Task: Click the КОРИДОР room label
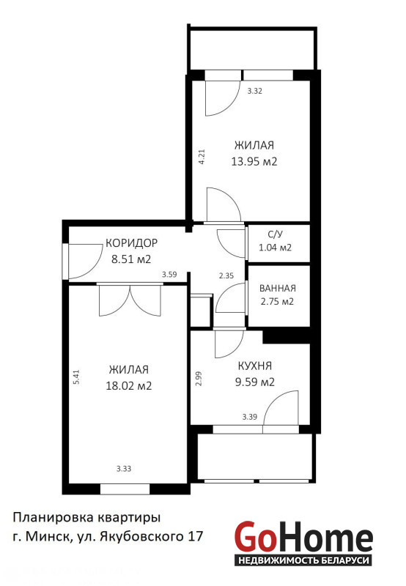132,243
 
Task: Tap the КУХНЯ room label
255,366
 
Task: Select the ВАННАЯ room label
278,288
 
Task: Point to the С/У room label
275,234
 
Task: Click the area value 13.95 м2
254,162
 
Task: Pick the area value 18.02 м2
128,386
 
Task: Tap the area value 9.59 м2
255,382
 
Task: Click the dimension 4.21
202,157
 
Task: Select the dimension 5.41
77,377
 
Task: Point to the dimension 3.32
254,91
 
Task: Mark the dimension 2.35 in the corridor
226,276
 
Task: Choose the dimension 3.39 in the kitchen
249,417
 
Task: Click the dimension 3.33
124,469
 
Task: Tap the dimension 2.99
199,378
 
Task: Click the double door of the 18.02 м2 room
130,300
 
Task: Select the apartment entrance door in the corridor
84,262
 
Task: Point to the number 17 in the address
196,537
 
